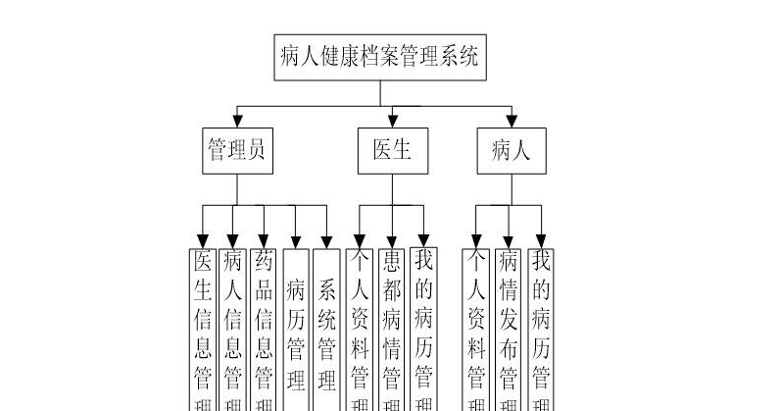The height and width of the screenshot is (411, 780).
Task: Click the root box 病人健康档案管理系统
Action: [379, 57]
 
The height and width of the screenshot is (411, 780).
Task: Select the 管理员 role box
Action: [237, 150]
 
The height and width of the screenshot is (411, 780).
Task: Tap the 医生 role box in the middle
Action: [392, 150]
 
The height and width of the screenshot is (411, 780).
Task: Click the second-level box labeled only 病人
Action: [510, 150]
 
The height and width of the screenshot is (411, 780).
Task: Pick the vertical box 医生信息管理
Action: [203, 329]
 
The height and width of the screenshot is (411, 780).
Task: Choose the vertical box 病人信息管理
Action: [233, 329]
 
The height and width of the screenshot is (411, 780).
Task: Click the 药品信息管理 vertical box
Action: [264, 329]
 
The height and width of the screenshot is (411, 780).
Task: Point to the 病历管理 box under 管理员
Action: [296, 329]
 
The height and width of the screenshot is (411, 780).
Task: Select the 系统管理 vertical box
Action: [327, 329]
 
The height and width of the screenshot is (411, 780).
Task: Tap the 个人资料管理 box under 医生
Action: [360, 329]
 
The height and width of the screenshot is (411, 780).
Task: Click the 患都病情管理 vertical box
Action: [391, 329]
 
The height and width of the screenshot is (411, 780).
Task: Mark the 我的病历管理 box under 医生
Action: [422, 329]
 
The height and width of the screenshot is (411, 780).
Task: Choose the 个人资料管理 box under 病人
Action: [477, 329]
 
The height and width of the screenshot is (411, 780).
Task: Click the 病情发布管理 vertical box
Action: [509, 329]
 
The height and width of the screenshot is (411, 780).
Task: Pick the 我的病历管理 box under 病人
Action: [540, 329]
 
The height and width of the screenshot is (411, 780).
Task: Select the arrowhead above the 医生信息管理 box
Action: [203, 239]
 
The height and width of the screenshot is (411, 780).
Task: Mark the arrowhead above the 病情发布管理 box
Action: [509, 239]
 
